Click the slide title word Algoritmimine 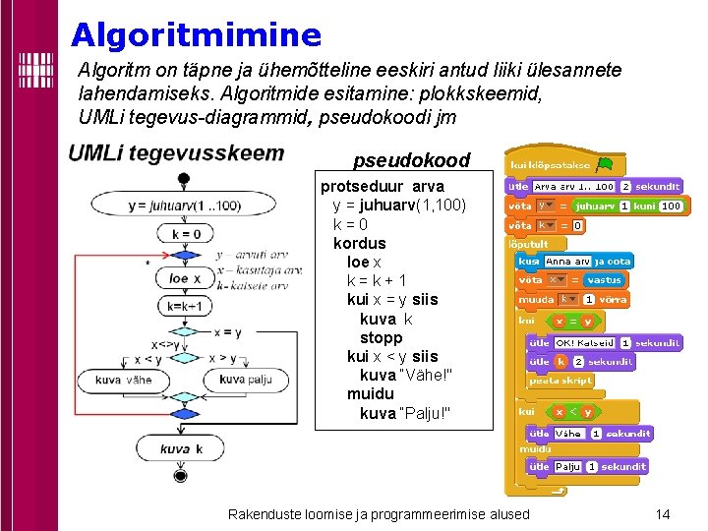tap(196, 36)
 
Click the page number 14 tap(662, 514)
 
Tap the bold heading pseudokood tap(411, 160)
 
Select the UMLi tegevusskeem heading tap(176, 153)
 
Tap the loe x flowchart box tap(178, 278)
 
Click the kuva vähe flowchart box tap(123, 380)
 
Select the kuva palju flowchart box tap(246, 380)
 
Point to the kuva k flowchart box tap(181, 449)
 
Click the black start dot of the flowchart tap(183, 178)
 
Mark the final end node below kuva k tap(180, 476)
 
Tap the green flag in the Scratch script tap(604, 164)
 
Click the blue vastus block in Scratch tap(604, 280)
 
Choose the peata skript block tap(561, 380)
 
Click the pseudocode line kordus tap(360, 243)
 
